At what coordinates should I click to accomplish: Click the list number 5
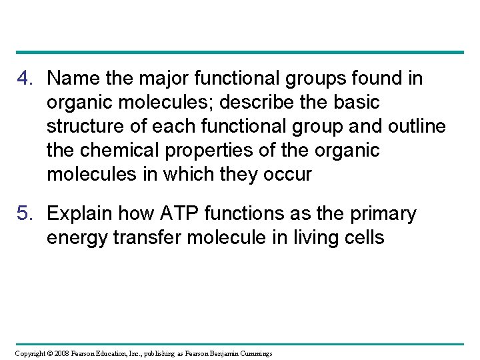click(25, 214)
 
